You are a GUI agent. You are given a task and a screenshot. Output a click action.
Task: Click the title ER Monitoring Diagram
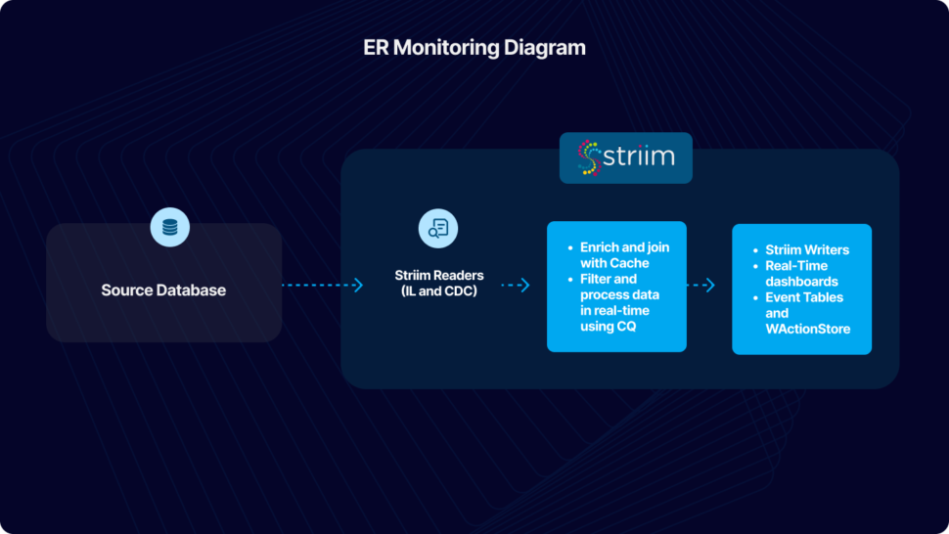474,47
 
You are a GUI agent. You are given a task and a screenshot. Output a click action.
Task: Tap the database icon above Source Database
170,228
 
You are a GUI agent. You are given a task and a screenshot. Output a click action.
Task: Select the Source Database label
163,290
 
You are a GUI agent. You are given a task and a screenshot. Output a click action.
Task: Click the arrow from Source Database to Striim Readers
323,286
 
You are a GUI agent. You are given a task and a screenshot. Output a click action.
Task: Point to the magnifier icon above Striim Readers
437,228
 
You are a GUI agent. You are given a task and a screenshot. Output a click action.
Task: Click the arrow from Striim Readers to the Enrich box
516,286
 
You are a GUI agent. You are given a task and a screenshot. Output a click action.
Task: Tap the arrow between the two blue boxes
701,286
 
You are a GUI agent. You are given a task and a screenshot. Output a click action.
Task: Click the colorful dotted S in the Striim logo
588,157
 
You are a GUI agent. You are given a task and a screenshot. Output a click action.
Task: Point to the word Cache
629,263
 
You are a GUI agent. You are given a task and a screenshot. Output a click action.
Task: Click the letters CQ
626,326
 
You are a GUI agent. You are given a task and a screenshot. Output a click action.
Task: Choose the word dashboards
801,282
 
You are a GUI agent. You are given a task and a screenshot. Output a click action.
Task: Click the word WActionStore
808,329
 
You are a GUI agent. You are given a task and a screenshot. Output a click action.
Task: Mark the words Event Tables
804,297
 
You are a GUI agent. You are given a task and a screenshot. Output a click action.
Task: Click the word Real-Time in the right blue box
796,266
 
